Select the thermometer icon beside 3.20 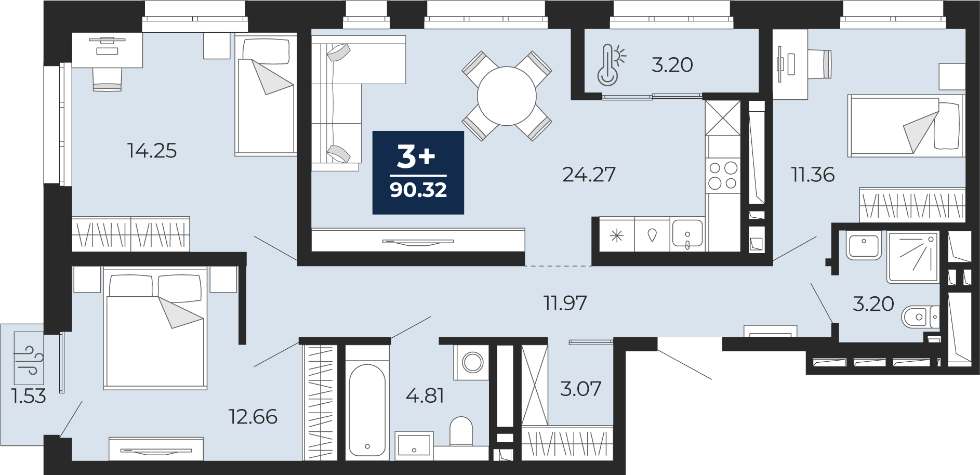610,64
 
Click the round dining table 506,96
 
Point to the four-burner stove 723,176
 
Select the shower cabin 913,257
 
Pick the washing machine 472,362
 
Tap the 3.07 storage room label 580,389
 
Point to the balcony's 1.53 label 29,397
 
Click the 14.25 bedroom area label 152,151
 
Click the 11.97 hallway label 565,303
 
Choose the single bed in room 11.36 905,125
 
